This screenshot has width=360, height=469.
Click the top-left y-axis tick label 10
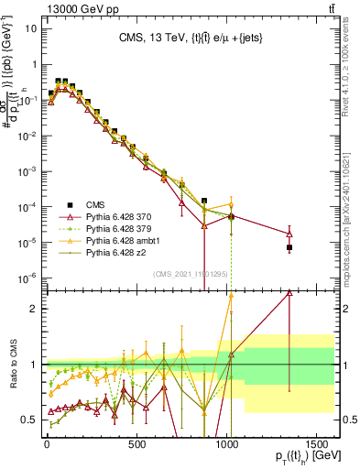coord(27,27)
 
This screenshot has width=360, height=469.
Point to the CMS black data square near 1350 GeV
coord(289,247)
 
